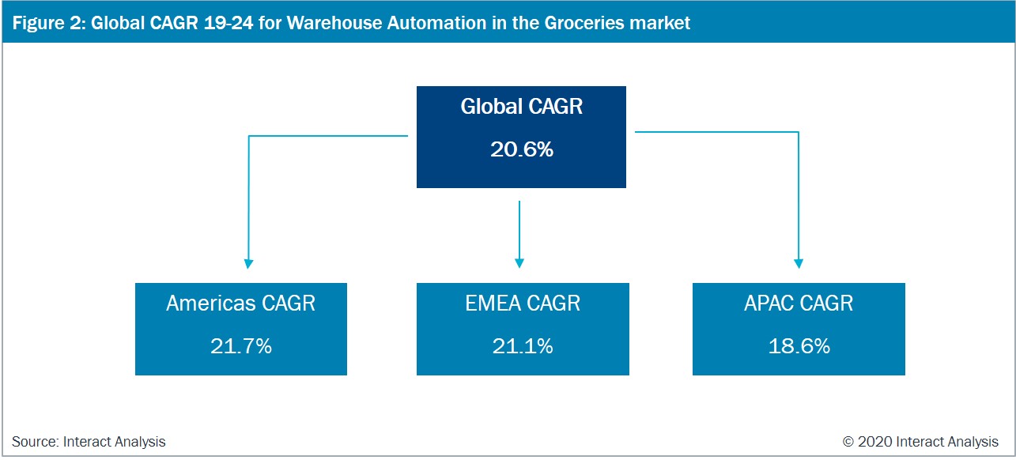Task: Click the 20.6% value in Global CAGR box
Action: tap(522, 149)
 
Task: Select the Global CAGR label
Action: tap(522, 107)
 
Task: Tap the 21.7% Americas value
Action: tap(241, 346)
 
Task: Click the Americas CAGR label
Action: tap(241, 304)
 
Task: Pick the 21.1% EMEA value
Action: tap(523, 346)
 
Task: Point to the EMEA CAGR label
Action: tap(523, 304)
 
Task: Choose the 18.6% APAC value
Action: tap(799, 346)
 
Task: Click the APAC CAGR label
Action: tap(799, 304)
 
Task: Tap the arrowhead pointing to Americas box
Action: tap(248, 264)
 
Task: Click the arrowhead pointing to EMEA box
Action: tap(519, 263)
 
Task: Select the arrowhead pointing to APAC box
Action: tap(799, 264)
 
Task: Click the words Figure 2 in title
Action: tap(49, 23)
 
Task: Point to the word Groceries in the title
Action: tap(578, 23)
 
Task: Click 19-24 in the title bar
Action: tap(229, 23)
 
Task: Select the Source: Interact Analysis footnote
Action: tap(89, 441)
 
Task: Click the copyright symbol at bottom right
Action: tap(848, 441)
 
